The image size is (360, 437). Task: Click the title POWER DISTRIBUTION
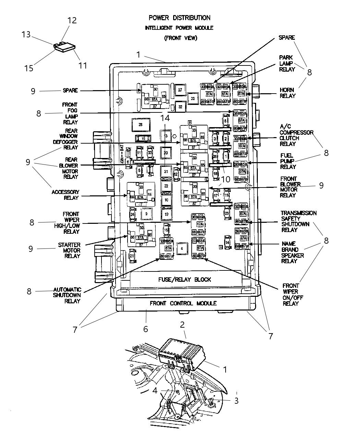tap(179, 17)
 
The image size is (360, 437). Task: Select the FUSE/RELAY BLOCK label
tap(184, 279)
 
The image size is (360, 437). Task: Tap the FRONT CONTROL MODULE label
tap(183, 303)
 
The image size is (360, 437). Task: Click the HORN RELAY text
tap(287, 93)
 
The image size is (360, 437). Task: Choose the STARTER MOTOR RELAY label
tap(69, 250)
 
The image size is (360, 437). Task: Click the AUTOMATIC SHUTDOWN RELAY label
tap(67, 295)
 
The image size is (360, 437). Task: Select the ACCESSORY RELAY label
tap(65, 195)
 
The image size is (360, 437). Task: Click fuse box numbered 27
tap(179, 89)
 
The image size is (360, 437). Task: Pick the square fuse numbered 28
tap(140, 125)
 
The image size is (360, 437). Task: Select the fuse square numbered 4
tap(182, 248)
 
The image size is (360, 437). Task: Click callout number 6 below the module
tap(145, 329)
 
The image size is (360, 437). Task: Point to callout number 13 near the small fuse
tap(26, 35)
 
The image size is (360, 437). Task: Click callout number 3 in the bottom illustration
tap(236, 401)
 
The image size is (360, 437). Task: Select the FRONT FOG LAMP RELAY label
tap(70, 113)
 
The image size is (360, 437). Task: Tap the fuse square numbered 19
tap(166, 214)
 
